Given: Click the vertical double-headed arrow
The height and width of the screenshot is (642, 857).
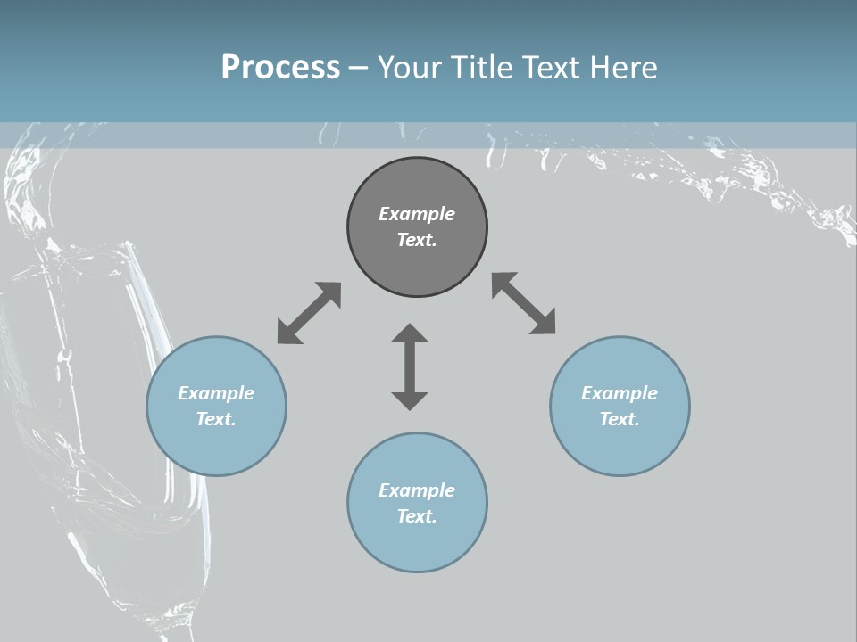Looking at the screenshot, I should coord(410,367).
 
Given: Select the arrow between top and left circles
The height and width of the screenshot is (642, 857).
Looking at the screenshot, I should coord(309,313).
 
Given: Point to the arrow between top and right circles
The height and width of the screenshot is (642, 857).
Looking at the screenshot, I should coord(524,303).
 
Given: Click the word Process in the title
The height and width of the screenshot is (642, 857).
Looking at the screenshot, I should coord(280,68).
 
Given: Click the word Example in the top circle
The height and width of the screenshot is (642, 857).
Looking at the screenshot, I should coord(417,214).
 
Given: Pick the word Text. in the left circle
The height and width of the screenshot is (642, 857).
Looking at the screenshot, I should coord(216,419).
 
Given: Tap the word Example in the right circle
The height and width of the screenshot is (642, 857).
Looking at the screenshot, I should coord(620,393).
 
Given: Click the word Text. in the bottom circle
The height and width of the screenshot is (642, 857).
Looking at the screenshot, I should coord(417,516).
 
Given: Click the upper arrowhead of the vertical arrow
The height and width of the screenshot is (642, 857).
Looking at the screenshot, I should coord(410,335).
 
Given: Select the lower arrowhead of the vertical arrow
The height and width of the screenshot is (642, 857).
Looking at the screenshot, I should coord(410,399).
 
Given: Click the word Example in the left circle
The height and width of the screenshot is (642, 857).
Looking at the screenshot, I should coord(216,393).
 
